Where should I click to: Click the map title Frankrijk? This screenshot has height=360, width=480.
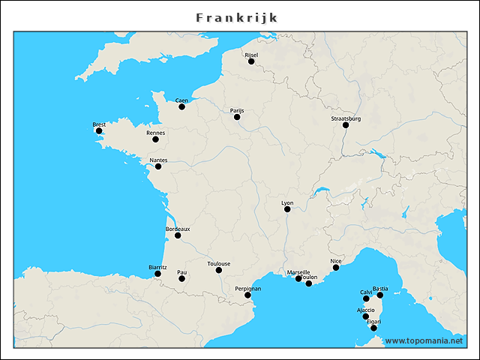tap(237, 17)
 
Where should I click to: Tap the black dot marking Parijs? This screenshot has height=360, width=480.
tap(237, 117)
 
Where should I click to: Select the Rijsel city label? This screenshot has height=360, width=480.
tap(251, 55)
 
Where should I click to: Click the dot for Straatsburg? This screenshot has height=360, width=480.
tap(346, 125)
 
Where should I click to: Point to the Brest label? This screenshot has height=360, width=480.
tap(99, 124)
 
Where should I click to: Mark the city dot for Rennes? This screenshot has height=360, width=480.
tap(156, 139)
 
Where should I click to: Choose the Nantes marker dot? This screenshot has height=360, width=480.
tap(158, 166)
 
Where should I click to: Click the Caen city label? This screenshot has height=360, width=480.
tap(181, 100)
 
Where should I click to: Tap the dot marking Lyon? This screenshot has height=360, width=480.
tap(287, 209)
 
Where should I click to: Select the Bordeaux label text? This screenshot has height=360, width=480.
tap(178, 229)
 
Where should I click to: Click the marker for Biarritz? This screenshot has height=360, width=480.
tap(157, 274)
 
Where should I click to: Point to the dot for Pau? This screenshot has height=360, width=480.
tap(181, 279)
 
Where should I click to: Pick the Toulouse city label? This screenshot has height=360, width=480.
tap(219, 263)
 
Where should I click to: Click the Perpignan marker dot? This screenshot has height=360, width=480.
tap(247, 295)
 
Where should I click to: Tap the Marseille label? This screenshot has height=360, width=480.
tap(298, 272)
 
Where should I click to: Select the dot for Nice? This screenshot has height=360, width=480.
tap(336, 268)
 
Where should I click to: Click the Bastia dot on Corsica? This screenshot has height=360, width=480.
tap(380, 295)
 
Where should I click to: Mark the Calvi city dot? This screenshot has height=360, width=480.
tap(366, 298)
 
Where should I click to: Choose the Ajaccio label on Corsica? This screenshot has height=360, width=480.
tap(365, 310)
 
